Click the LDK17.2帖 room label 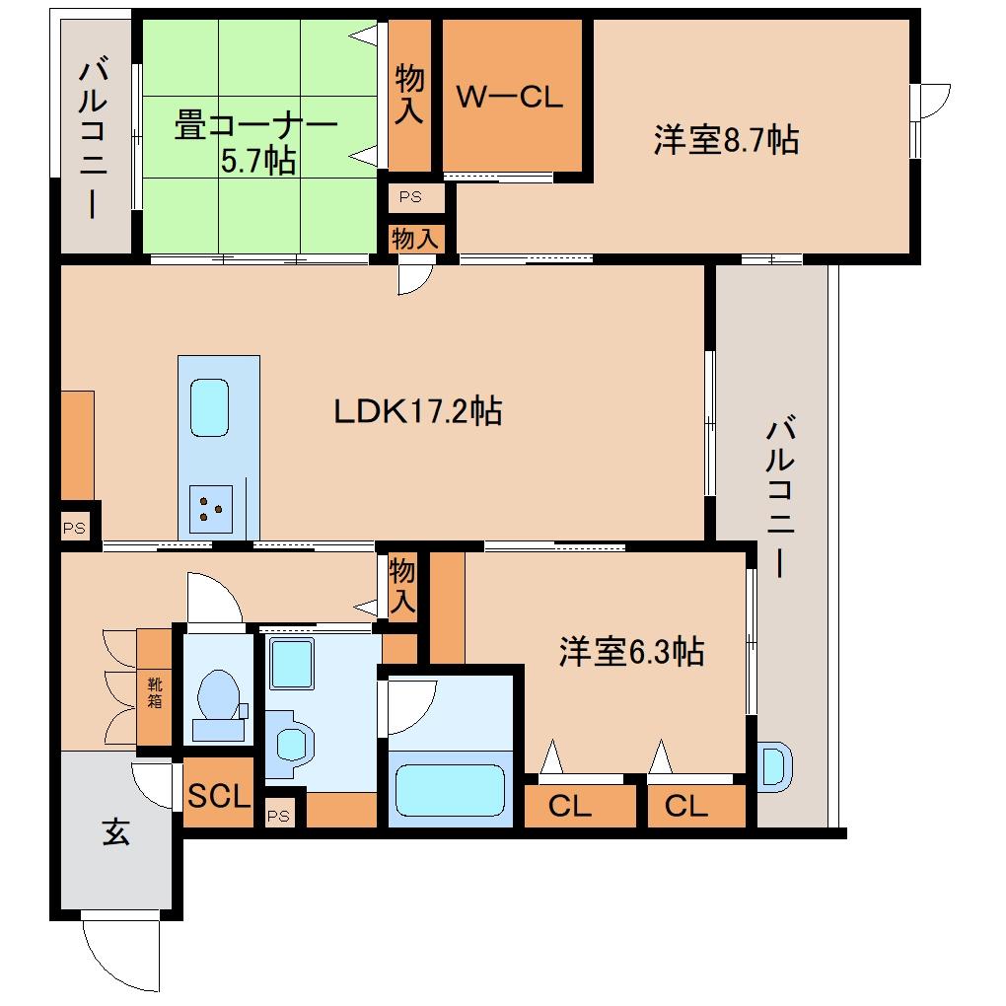tap(417, 411)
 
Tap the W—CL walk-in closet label tap(510, 97)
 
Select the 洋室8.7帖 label tap(726, 139)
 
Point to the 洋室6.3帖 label tap(631, 651)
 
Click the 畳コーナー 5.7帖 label tap(256, 142)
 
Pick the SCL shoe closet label tap(218, 796)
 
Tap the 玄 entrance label tap(115, 832)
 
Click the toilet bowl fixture tap(219, 704)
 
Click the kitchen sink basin tap(210, 408)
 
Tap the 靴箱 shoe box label tap(155, 692)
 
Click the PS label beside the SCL tap(278, 816)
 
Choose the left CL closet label tap(570, 806)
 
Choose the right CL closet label tap(685, 806)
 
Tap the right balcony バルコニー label tap(780, 496)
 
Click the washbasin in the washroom tap(292, 743)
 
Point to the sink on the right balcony tap(774, 766)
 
